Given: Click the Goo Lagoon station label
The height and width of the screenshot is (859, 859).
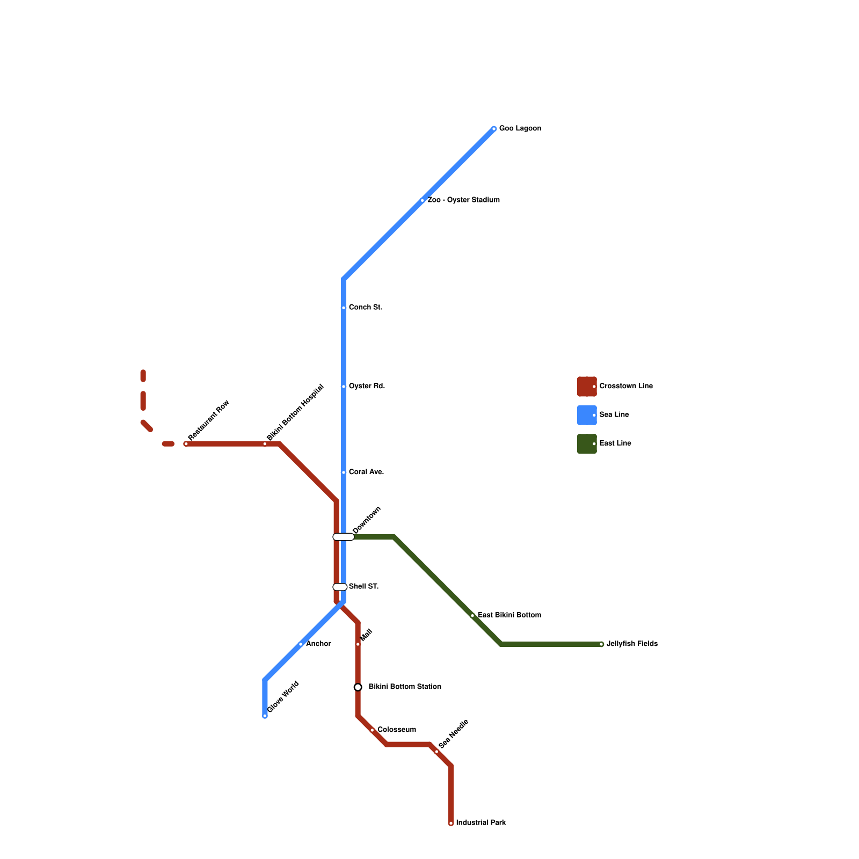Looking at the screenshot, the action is click(520, 129).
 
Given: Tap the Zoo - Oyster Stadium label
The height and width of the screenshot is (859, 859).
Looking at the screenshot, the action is click(463, 200).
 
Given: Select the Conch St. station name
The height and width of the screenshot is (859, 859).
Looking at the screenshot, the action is click(365, 308).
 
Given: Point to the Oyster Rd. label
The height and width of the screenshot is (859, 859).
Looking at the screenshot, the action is click(367, 387).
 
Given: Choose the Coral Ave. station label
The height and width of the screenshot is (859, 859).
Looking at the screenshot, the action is click(366, 472).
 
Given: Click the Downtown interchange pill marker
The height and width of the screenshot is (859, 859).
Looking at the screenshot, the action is click(344, 537).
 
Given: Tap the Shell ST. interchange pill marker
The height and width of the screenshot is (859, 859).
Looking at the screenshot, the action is click(340, 587).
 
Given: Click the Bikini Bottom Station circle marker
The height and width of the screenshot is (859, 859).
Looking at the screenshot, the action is click(358, 687).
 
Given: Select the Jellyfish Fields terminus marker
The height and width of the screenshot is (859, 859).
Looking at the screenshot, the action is click(601, 644).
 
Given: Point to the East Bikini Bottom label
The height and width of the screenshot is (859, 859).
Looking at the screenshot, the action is click(509, 615).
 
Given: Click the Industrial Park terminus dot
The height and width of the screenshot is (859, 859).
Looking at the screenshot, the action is click(451, 823).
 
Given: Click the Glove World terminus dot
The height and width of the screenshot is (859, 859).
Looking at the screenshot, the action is click(265, 716).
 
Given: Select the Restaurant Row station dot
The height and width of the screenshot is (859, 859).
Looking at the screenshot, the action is click(186, 444).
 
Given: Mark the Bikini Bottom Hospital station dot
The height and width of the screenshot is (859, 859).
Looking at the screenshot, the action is click(265, 444).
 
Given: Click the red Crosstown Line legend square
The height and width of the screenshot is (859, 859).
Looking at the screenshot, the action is click(587, 387).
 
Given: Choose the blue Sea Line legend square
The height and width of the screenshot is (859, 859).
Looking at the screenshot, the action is click(587, 415).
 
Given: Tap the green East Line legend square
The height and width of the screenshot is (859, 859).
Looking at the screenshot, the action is click(587, 444).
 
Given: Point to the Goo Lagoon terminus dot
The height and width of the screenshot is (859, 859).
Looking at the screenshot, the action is click(494, 129).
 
